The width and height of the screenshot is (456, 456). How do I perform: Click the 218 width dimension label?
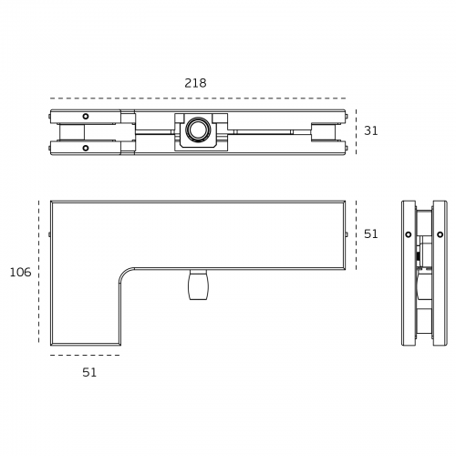pos(195,83)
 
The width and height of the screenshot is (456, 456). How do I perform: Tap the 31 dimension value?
pos(371,131)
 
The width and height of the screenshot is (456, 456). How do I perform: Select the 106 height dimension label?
pos(20,272)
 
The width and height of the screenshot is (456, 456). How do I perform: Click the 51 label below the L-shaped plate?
pos(89,372)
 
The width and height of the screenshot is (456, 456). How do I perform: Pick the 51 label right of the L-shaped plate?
pos(371,234)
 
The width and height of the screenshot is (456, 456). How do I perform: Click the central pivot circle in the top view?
pos(197,130)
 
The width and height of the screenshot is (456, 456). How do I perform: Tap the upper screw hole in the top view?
pos(86,116)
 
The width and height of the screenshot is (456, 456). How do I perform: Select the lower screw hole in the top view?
pos(86,148)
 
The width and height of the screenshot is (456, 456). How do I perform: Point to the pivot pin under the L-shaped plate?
pos(198,285)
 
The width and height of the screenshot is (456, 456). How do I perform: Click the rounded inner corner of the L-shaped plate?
pos(125,275)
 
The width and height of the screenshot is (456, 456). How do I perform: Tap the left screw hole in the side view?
pos(409,234)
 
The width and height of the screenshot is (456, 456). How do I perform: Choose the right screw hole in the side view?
pos(440,234)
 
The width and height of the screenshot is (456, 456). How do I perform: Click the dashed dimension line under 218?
pos(198,98)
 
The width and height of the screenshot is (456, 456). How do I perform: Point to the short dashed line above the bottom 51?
pos(85,355)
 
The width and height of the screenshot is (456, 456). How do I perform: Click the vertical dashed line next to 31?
pos(356,131)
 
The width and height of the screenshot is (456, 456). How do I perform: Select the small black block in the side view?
pos(418,257)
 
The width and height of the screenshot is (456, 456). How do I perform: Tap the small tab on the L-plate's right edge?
pos(347,234)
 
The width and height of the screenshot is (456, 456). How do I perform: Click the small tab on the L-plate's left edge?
pos(49,234)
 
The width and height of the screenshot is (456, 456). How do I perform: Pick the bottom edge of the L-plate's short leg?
pos(85,344)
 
